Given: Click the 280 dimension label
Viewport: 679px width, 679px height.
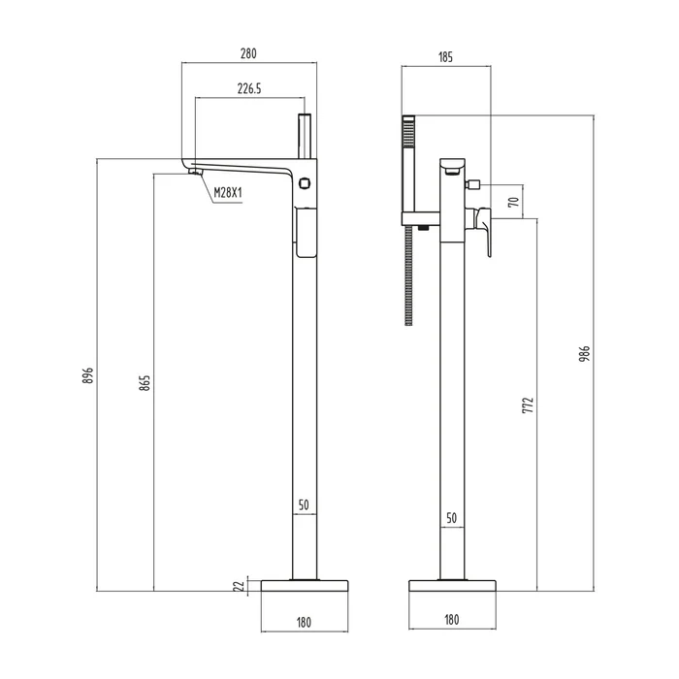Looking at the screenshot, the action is [x=248, y=53].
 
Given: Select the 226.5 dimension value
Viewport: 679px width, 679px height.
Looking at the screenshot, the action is [x=249, y=89].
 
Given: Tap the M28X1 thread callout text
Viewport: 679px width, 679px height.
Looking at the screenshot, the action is [x=228, y=193].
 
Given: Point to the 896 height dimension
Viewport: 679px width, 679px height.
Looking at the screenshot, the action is [x=88, y=375].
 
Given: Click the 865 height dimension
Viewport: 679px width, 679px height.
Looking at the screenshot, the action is [x=145, y=383].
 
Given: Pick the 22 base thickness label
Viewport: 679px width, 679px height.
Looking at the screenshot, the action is [x=239, y=586].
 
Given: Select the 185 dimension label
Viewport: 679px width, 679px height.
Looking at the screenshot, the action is [x=445, y=57].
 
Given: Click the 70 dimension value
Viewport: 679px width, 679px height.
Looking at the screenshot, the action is [x=514, y=202].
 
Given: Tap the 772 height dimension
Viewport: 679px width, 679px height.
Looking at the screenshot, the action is [x=529, y=404].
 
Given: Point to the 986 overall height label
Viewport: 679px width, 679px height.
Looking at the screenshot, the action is [x=585, y=354].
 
